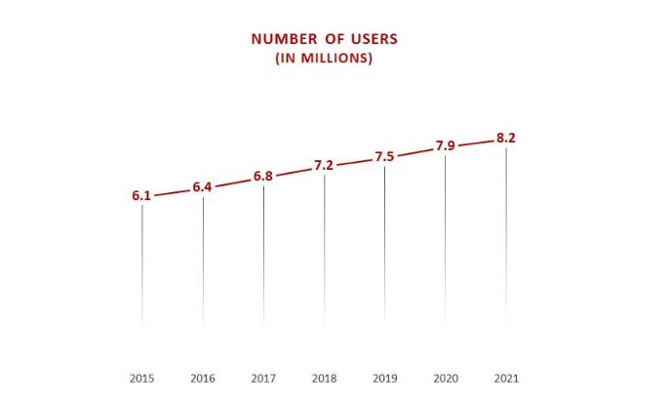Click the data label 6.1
point(141,196)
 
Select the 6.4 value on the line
point(202,186)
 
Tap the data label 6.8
point(263,177)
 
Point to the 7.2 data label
point(324,166)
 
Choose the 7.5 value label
point(384,157)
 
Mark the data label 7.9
point(445,146)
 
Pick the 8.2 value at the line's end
point(505,138)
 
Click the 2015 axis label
point(141,378)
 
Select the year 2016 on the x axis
point(203,378)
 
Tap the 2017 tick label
point(263,378)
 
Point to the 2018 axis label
point(324,378)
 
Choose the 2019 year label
point(384,378)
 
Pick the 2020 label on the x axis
point(445,378)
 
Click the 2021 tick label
point(506,378)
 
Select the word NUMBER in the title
point(284,39)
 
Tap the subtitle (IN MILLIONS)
point(324,59)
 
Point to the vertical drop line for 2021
point(505,234)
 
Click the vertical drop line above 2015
point(142,263)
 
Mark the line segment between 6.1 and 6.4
point(172,191)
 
